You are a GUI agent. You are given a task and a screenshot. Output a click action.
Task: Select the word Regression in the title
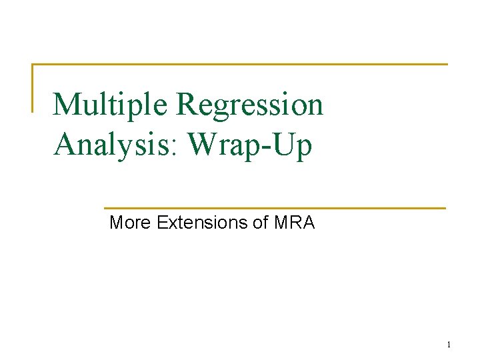(x=251, y=105)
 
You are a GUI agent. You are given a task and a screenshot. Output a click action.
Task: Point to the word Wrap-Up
(x=250, y=145)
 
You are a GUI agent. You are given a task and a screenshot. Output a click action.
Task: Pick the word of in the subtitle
(x=261, y=223)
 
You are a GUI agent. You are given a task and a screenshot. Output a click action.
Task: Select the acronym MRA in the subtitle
(x=294, y=223)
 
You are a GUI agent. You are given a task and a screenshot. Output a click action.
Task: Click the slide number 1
(x=449, y=345)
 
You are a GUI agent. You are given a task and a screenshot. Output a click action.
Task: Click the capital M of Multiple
(x=67, y=105)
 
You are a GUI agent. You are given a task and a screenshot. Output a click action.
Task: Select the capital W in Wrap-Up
(x=203, y=145)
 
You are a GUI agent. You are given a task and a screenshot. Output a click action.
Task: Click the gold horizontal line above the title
(x=240, y=65)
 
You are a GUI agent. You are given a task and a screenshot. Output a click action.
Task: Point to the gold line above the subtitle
(x=274, y=208)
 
